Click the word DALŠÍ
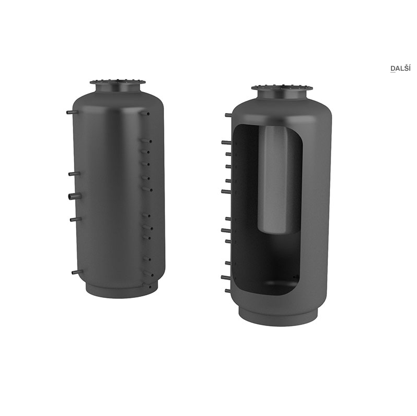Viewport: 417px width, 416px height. [400, 68]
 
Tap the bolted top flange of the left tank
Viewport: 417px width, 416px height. [118, 82]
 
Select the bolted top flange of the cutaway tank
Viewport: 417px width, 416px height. [282, 88]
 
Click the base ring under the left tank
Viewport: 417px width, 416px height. [122, 290]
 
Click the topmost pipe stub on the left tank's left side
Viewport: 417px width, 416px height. [72, 112]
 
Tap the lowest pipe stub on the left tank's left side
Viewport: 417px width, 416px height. [77, 272]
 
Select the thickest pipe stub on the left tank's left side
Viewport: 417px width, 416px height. [74, 197]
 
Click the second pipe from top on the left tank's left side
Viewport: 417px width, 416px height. [74, 174]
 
